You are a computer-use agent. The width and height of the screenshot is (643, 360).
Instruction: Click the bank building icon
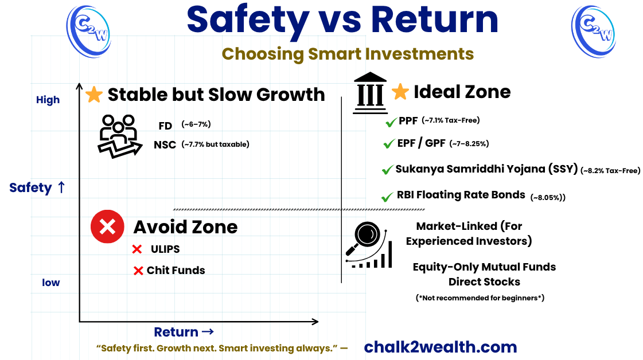(x=370, y=90)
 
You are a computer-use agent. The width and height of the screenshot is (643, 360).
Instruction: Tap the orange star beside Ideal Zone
(x=400, y=91)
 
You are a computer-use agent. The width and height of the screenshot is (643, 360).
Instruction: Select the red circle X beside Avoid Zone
(x=107, y=226)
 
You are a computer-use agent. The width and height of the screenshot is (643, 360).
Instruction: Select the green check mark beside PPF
(x=391, y=122)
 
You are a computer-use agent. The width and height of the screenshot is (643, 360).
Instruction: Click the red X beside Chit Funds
(x=138, y=271)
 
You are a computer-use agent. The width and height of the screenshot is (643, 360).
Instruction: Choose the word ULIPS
(x=165, y=249)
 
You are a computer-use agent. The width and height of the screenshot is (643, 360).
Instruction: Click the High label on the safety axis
(x=48, y=100)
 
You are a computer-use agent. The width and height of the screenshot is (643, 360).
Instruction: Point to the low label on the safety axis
(x=50, y=283)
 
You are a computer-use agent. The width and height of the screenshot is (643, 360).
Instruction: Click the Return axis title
(x=184, y=332)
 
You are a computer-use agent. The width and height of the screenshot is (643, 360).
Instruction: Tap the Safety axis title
(x=37, y=187)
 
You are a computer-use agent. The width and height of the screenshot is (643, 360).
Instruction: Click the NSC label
(x=165, y=145)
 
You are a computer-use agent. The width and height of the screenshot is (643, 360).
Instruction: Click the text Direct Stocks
(x=484, y=281)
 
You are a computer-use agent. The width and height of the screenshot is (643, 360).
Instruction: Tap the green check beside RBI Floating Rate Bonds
(x=387, y=197)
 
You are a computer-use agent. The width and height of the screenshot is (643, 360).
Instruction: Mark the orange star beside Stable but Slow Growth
(x=93, y=95)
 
